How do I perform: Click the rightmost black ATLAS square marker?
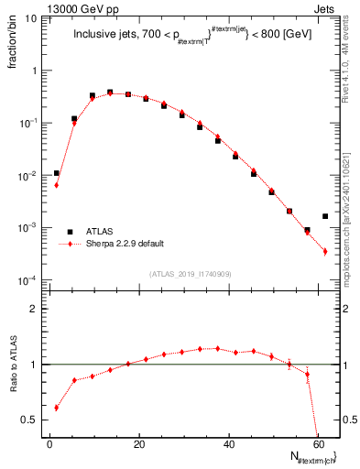point(325,216)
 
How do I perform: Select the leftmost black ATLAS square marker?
point(57,173)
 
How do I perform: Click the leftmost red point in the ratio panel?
point(57,408)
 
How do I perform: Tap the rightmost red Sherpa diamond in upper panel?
point(325,251)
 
